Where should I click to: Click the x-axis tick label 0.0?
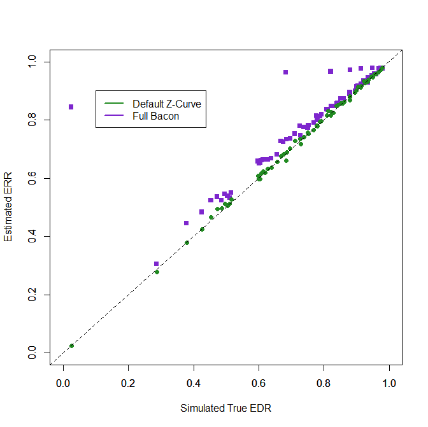pyautogui.click(x=63, y=384)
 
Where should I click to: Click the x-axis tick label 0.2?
pyautogui.click(x=128, y=384)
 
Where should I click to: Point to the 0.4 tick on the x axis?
pyautogui.click(x=194, y=384)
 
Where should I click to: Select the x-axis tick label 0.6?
pyautogui.click(x=259, y=384)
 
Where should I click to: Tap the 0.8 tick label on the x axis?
pyautogui.click(x=324, y=384)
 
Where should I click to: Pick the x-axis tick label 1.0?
pyautogui.click(x=389, y=384)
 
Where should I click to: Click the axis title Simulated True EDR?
pyautogui.click(x=225, y=408)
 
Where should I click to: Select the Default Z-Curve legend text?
pyautogui.click(x=167, y=104)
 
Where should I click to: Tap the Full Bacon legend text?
pyautogui.click(x=156, y=116)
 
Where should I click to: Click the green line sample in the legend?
pyautogui.click(x=113, y=104)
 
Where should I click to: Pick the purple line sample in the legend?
pyautogui.click(x=113, y=116)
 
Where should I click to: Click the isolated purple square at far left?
pyautogui.click(x=71, y=107)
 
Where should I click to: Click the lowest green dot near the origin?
pyautogui.click(x=71, y=346)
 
